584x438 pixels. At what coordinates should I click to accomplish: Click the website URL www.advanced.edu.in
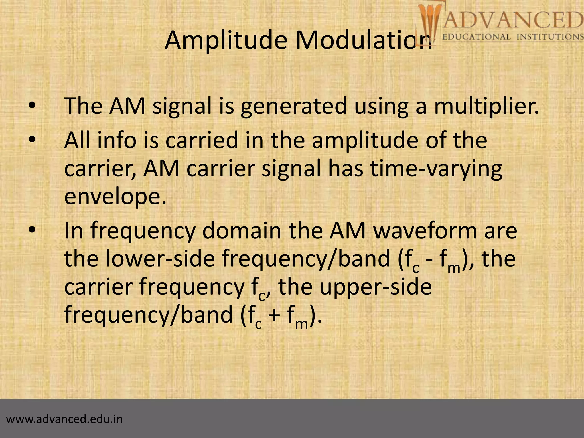pyautogui.click(x=64, y=419)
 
